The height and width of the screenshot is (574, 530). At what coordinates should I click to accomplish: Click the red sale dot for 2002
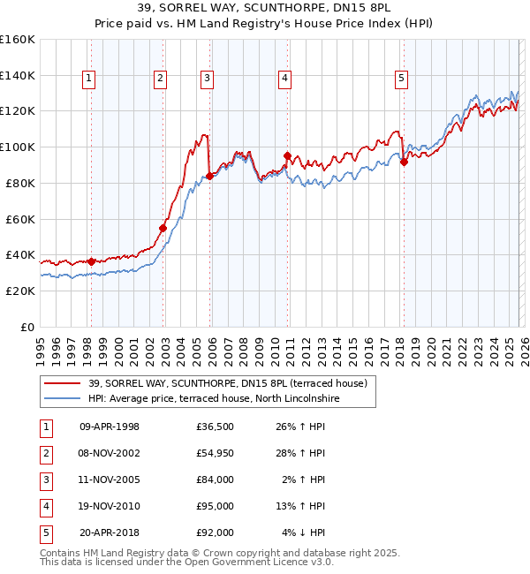[163, 228]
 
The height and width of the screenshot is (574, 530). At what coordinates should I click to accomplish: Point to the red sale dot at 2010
[287, 155]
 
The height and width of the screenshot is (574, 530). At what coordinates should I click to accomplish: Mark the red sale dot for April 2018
[404, 161]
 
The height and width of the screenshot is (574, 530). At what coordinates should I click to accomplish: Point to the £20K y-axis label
[20, 291]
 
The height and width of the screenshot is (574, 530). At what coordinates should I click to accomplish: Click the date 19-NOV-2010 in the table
[110, 506]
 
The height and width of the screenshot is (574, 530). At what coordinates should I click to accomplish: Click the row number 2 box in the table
[44, 453]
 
